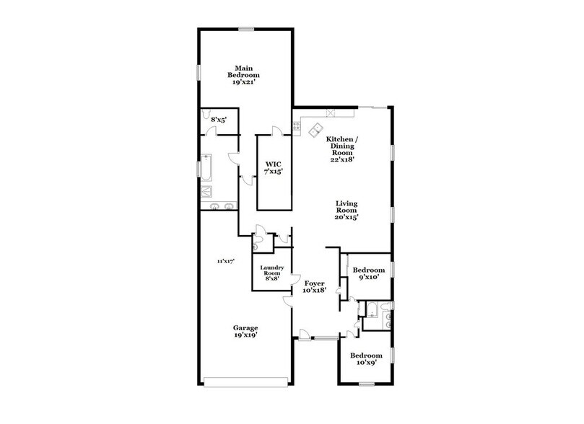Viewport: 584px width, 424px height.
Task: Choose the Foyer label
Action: point(315,286)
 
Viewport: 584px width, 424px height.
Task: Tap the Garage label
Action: point(245,332)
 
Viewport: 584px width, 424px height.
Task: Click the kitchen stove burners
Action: point(296,128)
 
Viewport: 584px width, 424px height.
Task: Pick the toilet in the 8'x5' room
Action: point(207,115)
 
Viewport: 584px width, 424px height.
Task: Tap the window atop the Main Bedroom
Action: point(247,29)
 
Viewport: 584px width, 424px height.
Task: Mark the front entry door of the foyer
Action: point(306,335)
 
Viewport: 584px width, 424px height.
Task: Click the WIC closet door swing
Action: point(276,131)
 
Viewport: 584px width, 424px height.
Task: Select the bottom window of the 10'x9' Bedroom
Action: point(367,384)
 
